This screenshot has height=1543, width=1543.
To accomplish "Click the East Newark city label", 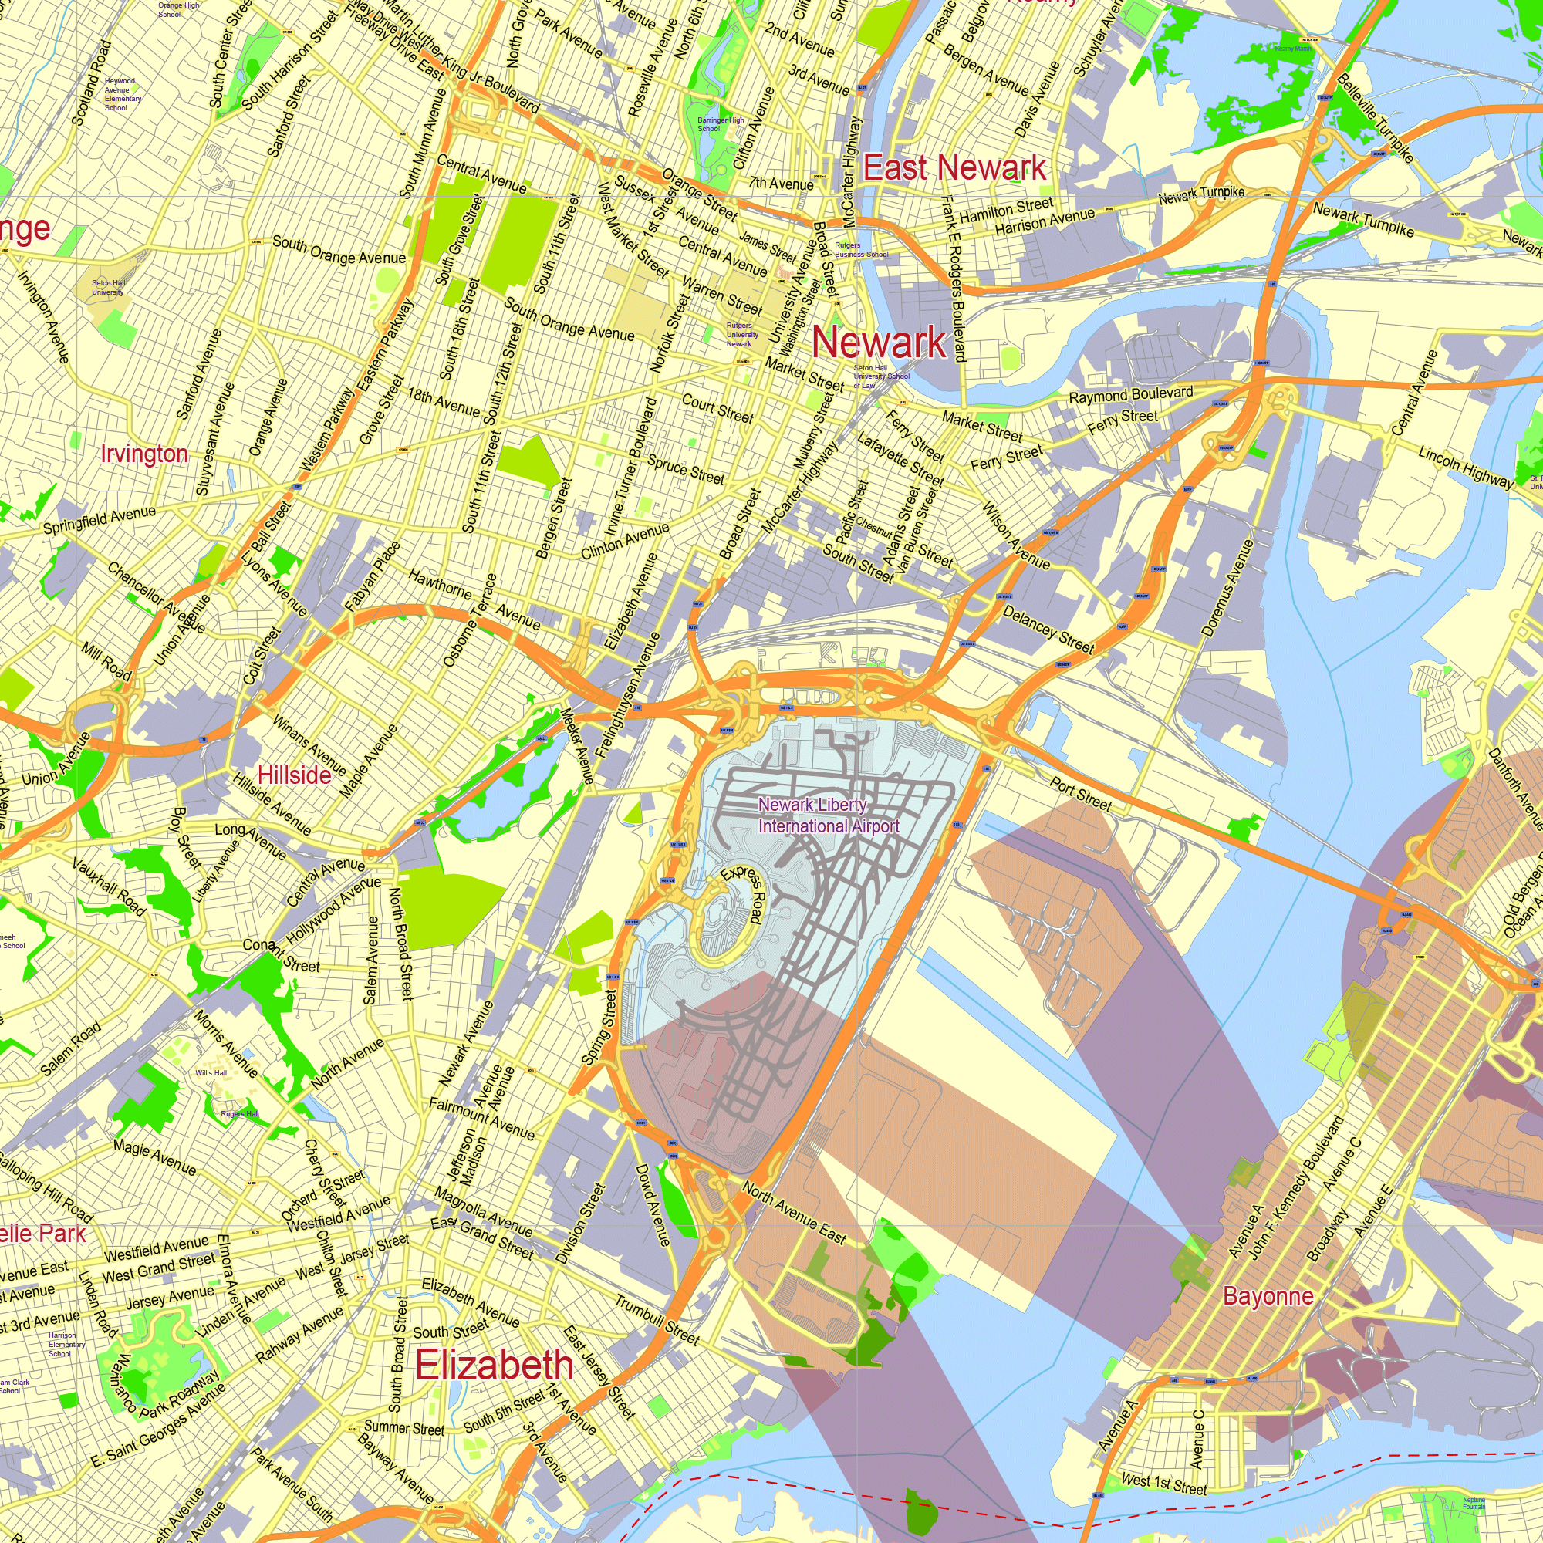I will tap(954, 167).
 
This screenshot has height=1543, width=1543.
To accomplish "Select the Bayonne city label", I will tap(1268, 1295).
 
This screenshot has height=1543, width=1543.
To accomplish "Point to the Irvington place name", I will tap(144, 454).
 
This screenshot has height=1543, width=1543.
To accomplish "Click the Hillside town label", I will tap(294, 775).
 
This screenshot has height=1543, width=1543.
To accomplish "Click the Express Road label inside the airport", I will tap(743, 893).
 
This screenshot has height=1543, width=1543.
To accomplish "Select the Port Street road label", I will tap(1081, 795).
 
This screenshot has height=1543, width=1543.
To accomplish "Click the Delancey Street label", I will tap(1047, 630).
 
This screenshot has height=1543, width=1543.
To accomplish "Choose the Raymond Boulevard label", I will tap(1131, 394).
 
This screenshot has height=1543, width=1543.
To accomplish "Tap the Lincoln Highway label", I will tap(1466, 468).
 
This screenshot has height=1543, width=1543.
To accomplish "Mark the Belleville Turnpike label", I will tap(1376, 117).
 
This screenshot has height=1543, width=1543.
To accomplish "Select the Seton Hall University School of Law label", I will tap(880, 376).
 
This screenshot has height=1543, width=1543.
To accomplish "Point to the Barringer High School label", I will tap(721, 123).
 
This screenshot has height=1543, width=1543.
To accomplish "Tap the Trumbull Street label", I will tap(657, 1319).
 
